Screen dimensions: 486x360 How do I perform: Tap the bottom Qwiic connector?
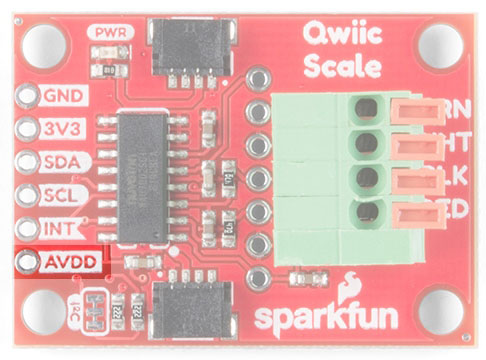192,309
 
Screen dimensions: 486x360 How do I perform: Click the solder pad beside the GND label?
25,97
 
